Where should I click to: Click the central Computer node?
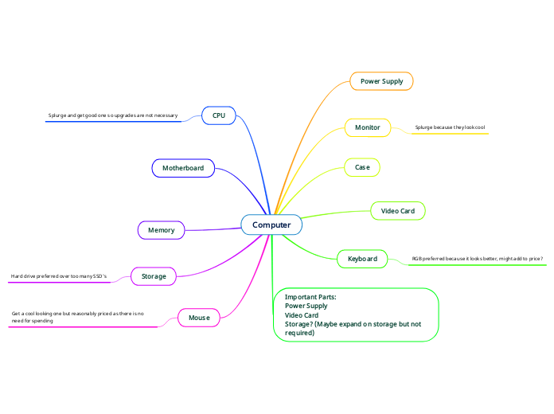[x=271, y=225]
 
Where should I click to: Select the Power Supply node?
[x=381, y=81]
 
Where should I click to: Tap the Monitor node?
[x=367, y=127]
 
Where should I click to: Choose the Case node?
[x=362, y=167]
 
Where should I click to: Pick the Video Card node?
[x=398, y=211]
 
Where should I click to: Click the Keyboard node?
[x=362, y=259]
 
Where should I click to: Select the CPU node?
[x=219, y=115]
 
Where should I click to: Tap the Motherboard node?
[x=183, y=168]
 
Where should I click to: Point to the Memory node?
[x=161, y=230]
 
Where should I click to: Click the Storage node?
[x=154, y=276]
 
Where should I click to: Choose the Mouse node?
[x=199, y=318]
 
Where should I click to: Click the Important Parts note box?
[x=356, y=314]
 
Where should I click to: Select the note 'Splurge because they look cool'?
[x=450, y=127]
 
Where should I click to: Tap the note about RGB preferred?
[x=477, y=259]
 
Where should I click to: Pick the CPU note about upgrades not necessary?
[x=112, y=115]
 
